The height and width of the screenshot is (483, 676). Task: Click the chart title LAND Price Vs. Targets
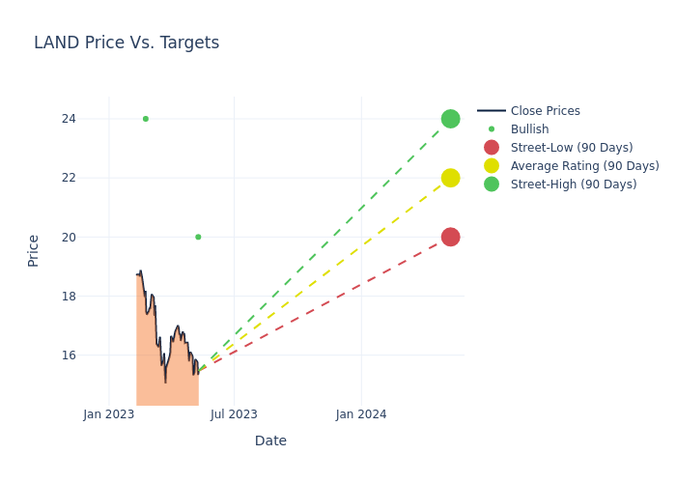127,43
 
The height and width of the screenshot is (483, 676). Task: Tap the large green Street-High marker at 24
450,119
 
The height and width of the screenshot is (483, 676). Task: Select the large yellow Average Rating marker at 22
450,178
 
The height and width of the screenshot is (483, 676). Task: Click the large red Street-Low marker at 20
450,237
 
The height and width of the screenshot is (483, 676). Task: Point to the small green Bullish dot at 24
146,119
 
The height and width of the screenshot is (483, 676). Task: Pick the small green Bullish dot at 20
198,237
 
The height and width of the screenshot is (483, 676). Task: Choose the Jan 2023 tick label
109,414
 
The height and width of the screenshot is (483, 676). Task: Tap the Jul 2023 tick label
234,414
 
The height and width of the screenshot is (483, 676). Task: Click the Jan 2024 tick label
361,414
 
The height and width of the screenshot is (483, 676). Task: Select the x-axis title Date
270,440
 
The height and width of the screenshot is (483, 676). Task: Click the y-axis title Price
34,250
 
